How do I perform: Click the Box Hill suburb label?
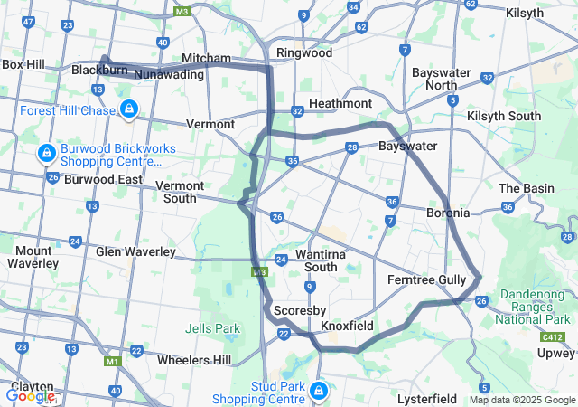(x=23, y=64)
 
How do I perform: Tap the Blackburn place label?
(x=98, y=70)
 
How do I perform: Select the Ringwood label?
(x=304, y=52)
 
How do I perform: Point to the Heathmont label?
(x=340, y=104)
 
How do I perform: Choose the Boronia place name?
(x=448, y=213)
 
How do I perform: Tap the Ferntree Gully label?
(x=426, y=280)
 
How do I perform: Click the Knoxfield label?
(x=348, y=324)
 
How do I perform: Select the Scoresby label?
(x=293, y=309)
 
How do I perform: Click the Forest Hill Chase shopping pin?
(x=129, y=109)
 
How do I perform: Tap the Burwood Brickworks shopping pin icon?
(x=45, y=154)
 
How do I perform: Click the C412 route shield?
(x=554, y=336)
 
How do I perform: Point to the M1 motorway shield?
(x=113, y=362)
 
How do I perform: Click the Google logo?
(x=30, y=395)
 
